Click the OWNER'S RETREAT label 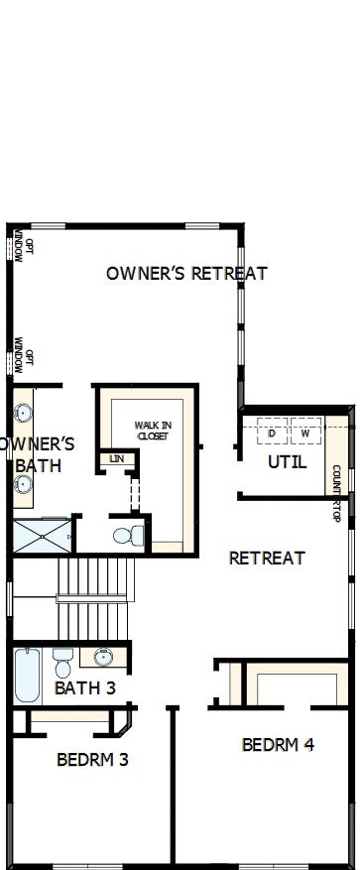click(186, 273)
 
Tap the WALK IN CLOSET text click(153, 431)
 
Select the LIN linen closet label click(117, 458)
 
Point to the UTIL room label click(287, 462)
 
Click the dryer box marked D click(271, 434)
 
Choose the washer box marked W click(305, 434)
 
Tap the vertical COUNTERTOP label click(336, 493)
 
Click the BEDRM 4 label click(278, 744)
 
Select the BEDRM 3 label click(92, 760)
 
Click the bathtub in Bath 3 click(28, 675)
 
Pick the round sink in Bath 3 click(103, 657)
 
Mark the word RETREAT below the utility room click(267, 558)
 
